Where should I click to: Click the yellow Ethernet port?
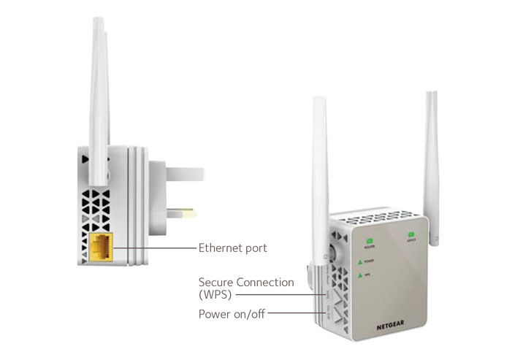[102, 248]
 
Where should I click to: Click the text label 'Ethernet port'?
[232, 248]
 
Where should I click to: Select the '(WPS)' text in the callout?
[215, 295]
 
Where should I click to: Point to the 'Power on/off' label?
[231, 315]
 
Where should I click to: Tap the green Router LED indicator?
[370, 240]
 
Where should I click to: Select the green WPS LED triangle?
[360, 275]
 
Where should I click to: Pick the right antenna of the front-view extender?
[432, 161]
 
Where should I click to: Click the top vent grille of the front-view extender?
[380, 217]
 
